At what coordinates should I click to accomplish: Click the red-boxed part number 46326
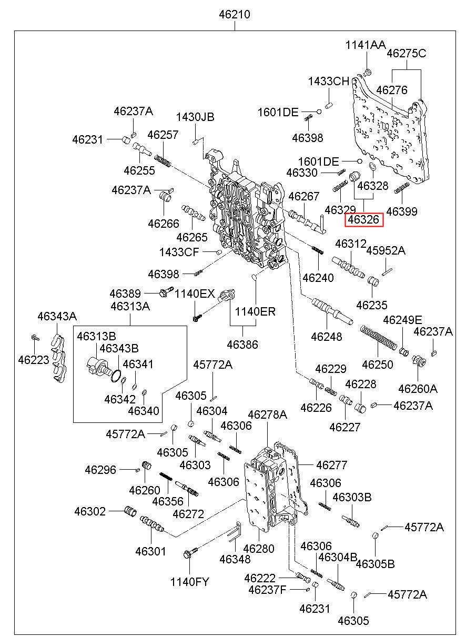click(364, 220)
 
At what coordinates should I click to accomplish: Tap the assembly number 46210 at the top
click(235, 15)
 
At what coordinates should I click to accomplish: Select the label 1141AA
click(365, 45)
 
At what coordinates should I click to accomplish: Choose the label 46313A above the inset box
click(130, 306)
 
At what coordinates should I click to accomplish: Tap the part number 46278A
click(267, 414)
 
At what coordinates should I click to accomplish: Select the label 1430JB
click(195, 117)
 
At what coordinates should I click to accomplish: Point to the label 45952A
click(386, 250)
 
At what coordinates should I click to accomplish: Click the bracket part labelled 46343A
click(58, 358)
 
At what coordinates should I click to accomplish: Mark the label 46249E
click(402, 320)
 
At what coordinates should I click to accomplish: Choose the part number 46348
click(235, 559)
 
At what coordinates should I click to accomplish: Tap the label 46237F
click(267, 590)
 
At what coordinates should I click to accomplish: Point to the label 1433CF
click(179, 252)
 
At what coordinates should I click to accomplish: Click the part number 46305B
click(375, 564)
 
